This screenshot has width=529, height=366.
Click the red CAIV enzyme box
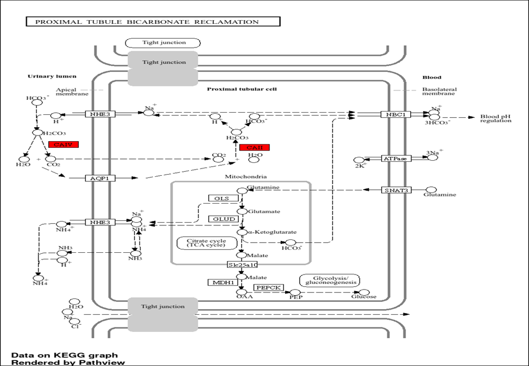click(x=63, y=145)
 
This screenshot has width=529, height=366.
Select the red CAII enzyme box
click(x=254, y=147)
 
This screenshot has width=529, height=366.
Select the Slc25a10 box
click(x=242, y=264)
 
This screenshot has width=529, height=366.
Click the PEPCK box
click(x=269, y=287)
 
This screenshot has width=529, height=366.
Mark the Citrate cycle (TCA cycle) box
click(x=201, y=243)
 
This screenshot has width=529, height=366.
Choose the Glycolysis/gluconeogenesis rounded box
click(x=329, y=280)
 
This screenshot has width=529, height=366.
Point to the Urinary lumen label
click(x=52, y=76)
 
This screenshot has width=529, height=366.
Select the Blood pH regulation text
click(x=496, y=118)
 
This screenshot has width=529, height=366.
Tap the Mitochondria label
click(x=241, y=177)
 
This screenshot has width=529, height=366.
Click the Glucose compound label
click(x=364, y=297)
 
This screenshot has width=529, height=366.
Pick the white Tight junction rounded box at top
click(x=163, y=42)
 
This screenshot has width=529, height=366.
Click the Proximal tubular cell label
click(x=242, y=89)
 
